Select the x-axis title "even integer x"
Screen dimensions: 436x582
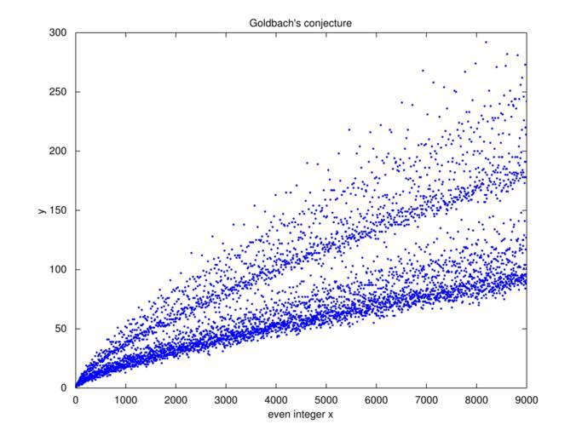300,414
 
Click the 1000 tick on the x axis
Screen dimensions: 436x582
125,399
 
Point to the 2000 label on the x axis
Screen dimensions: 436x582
176,399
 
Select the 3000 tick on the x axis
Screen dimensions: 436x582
226,399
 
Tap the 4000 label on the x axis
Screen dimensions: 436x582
276,399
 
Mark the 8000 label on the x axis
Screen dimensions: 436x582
476,399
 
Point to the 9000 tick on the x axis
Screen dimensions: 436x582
526,399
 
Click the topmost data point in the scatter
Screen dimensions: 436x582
486,42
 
